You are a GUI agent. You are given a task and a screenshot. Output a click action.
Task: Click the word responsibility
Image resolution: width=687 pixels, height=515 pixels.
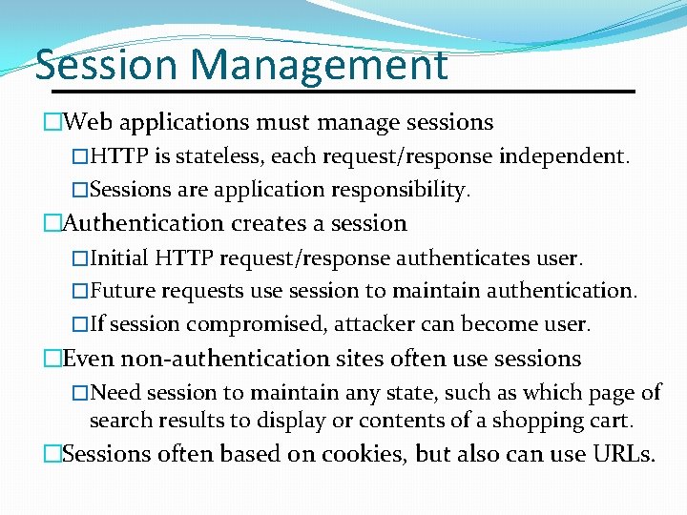(x=401, y=189)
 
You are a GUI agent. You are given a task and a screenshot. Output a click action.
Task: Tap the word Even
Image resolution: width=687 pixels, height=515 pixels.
(x=89, y=359)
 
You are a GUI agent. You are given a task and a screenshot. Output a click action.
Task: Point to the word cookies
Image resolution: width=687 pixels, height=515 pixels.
(x=362, y=454)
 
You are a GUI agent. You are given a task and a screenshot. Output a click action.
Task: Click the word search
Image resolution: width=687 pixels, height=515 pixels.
(x=120, y=420)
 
